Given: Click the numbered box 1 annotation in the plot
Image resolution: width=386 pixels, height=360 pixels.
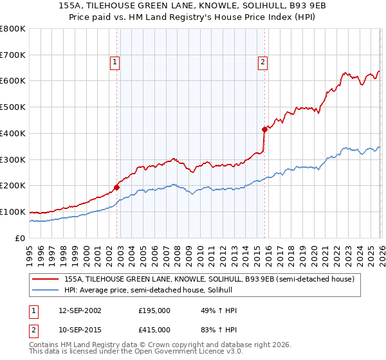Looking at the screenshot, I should [x=114, y=62].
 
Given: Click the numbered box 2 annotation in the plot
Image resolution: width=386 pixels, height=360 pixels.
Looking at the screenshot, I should [x=263, y=62].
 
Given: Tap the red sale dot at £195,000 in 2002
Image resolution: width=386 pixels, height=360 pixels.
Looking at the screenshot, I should [x=116, y=188].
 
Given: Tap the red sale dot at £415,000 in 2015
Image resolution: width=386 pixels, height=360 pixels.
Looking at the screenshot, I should [x=264, y=129].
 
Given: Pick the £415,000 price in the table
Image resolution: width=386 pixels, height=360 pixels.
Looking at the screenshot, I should [x=154, y=329].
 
